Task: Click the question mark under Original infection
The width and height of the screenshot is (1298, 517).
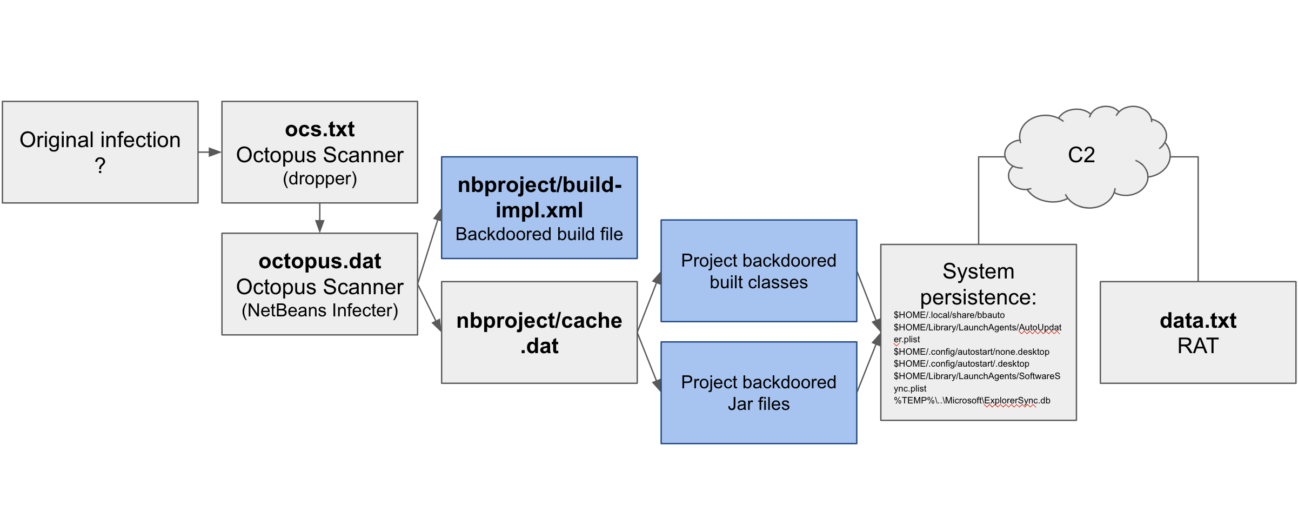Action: point(100,165)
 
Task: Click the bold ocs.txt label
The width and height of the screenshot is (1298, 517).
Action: point(319,129)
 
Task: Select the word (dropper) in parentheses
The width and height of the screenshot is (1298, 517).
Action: point(319,178)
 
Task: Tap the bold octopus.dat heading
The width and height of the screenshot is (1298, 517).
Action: point(319,261)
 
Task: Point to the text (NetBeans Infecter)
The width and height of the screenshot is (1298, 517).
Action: point(319,310)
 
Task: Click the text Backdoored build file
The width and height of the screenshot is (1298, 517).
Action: point(539,234)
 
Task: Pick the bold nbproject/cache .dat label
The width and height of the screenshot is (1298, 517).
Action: point(539,333)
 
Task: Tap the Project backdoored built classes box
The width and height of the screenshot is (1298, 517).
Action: point(758,271)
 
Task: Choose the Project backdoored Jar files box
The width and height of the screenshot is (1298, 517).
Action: point(758,393)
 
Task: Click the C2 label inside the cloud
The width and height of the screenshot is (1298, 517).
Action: point(1081,155)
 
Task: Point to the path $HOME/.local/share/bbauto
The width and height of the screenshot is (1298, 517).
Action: point(949,315)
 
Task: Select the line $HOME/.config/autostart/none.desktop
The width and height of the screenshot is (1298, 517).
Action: point(971,352)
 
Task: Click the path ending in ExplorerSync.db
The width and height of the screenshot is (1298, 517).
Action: point(972,401)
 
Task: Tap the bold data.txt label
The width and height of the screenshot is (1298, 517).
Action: point(1197,321)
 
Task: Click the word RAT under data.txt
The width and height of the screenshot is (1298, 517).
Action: point(1197,346)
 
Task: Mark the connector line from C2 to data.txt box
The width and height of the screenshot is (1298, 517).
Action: point(1198,216)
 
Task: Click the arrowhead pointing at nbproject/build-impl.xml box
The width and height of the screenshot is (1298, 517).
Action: point(438,215)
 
